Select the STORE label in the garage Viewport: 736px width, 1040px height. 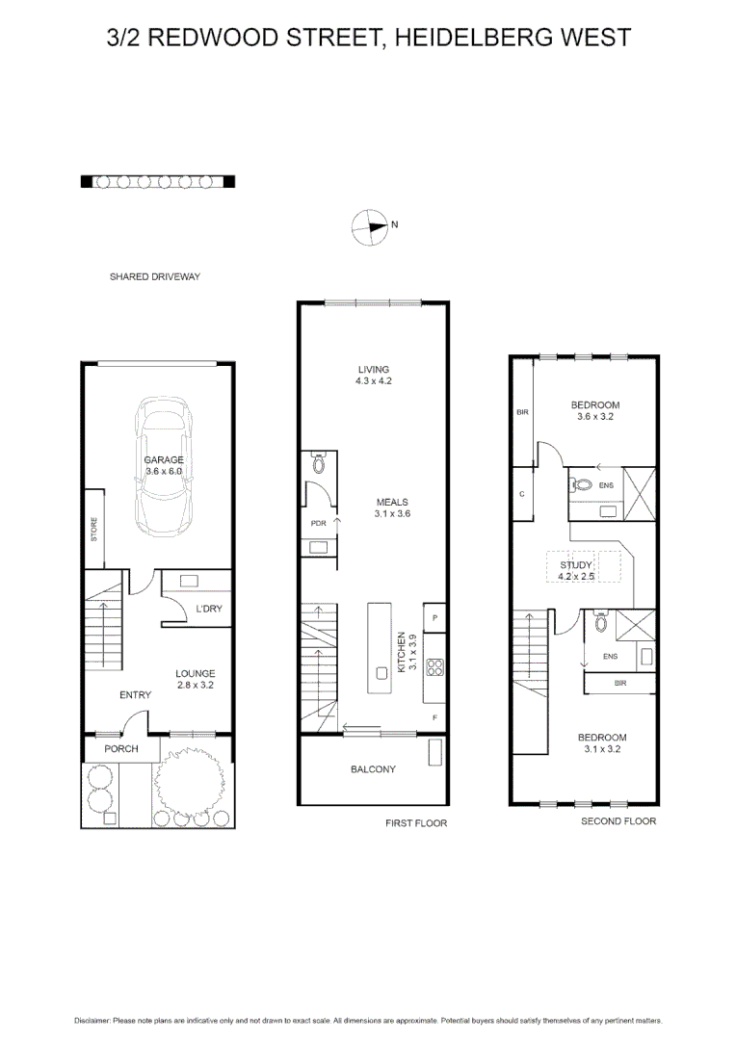[94, 529]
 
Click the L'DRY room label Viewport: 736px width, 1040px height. [210, 610]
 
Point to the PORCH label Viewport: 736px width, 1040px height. [121, 749]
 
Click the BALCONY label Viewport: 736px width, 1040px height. [372, 769]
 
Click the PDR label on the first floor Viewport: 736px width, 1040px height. [318, 523]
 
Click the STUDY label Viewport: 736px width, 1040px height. [576, 565]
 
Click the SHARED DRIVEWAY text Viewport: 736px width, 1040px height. [154, 276]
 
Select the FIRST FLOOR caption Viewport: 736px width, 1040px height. [415, 823]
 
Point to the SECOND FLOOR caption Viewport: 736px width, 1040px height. [618, 821]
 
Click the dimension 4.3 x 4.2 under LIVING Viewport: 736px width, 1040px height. [373, 381]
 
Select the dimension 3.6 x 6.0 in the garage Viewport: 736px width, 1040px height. [164, 472]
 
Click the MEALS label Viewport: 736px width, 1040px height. [392, 502]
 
